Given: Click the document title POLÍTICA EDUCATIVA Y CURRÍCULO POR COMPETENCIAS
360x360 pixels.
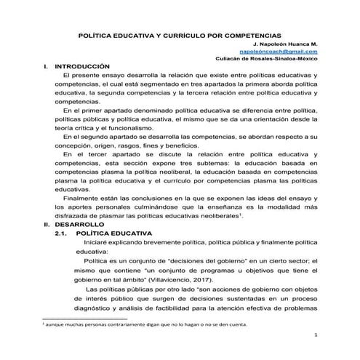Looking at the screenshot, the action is tap(180, 34).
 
